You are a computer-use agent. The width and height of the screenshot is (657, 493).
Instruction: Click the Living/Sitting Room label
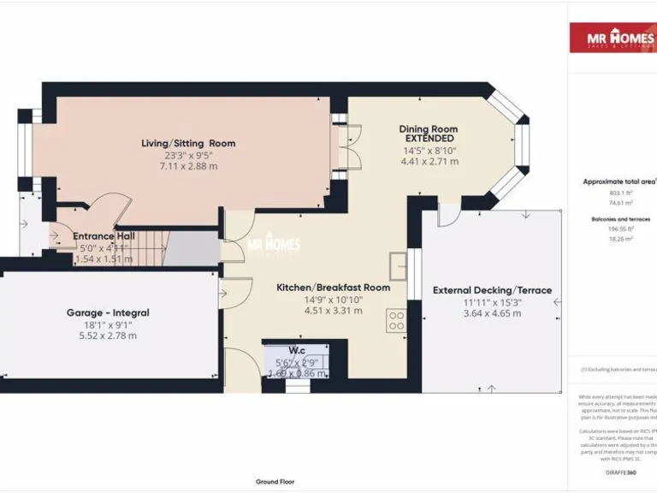[x=188, y=143]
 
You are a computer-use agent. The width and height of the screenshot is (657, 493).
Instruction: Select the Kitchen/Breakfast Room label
[x=333, y=288]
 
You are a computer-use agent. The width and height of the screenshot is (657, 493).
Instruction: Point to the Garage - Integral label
[x=102, y=312]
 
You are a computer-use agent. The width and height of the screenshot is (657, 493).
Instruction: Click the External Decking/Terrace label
[x=492, y=290]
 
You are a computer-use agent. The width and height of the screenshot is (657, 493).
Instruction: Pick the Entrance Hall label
[x=104, y=236]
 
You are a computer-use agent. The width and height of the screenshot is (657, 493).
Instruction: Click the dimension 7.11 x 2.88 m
[x=188, y=166]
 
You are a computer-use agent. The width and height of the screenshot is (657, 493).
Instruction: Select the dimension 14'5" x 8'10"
[x=429, y=151]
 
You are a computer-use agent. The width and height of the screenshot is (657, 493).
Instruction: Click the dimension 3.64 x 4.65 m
[x=492, y=313]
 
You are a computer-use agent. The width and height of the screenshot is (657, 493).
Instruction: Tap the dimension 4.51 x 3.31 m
[x=333, y=311]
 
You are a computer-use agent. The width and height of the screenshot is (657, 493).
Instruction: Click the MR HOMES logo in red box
[x=613, y=38]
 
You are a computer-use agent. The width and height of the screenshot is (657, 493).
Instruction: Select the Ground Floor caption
[x=275, y=482]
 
